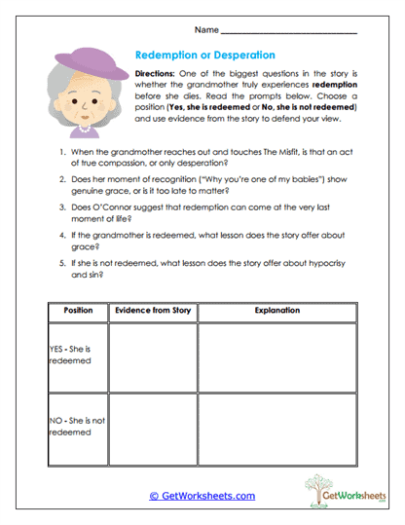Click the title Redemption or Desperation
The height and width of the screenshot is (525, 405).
pyautogui.click(x=204, y=56)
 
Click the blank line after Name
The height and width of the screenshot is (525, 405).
pyautogui.click(x=302, y=34)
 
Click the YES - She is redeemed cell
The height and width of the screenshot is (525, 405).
pyautogui.click(x=77, y=356)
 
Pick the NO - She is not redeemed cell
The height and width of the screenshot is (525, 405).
pyautogui.click(x=77, y=426)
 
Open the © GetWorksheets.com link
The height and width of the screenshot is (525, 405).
pyautogui.click(x=202, y=496)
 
